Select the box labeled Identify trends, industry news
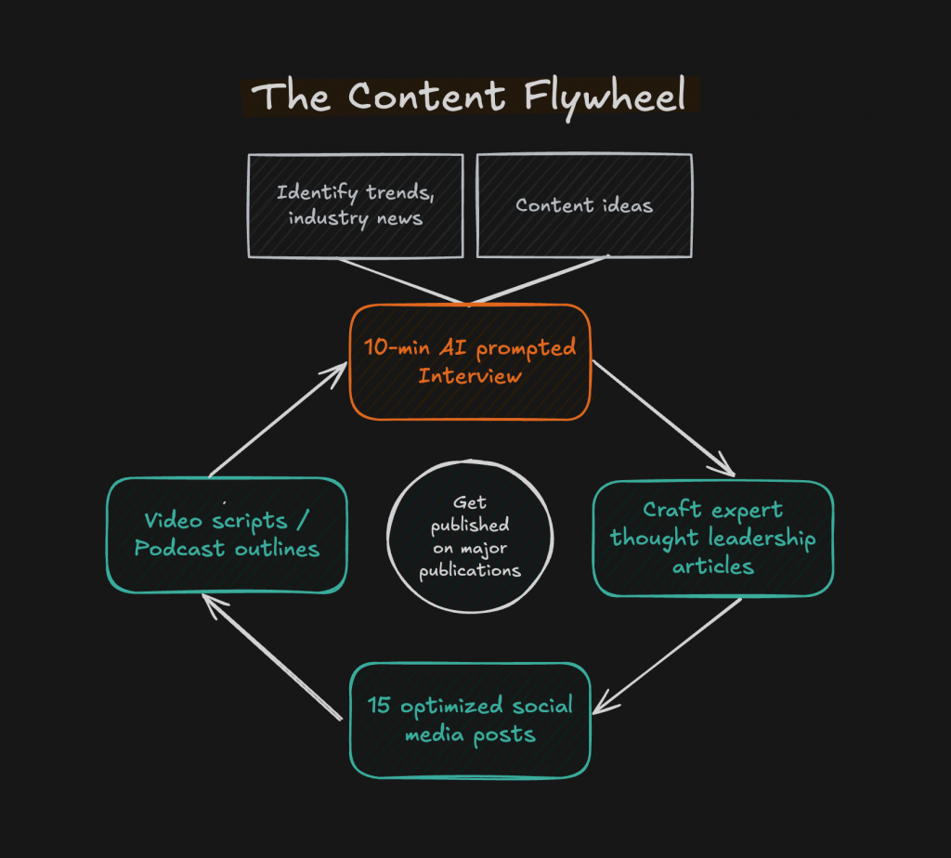355,205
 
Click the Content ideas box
584,205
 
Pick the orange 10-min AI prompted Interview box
470,361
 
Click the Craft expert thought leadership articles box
712,538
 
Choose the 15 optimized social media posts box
470,720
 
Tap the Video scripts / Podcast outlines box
227,535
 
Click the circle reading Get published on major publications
470,537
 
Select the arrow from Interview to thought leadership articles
661,417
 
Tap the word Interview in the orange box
469,376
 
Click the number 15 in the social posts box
379,706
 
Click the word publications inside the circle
470,570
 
